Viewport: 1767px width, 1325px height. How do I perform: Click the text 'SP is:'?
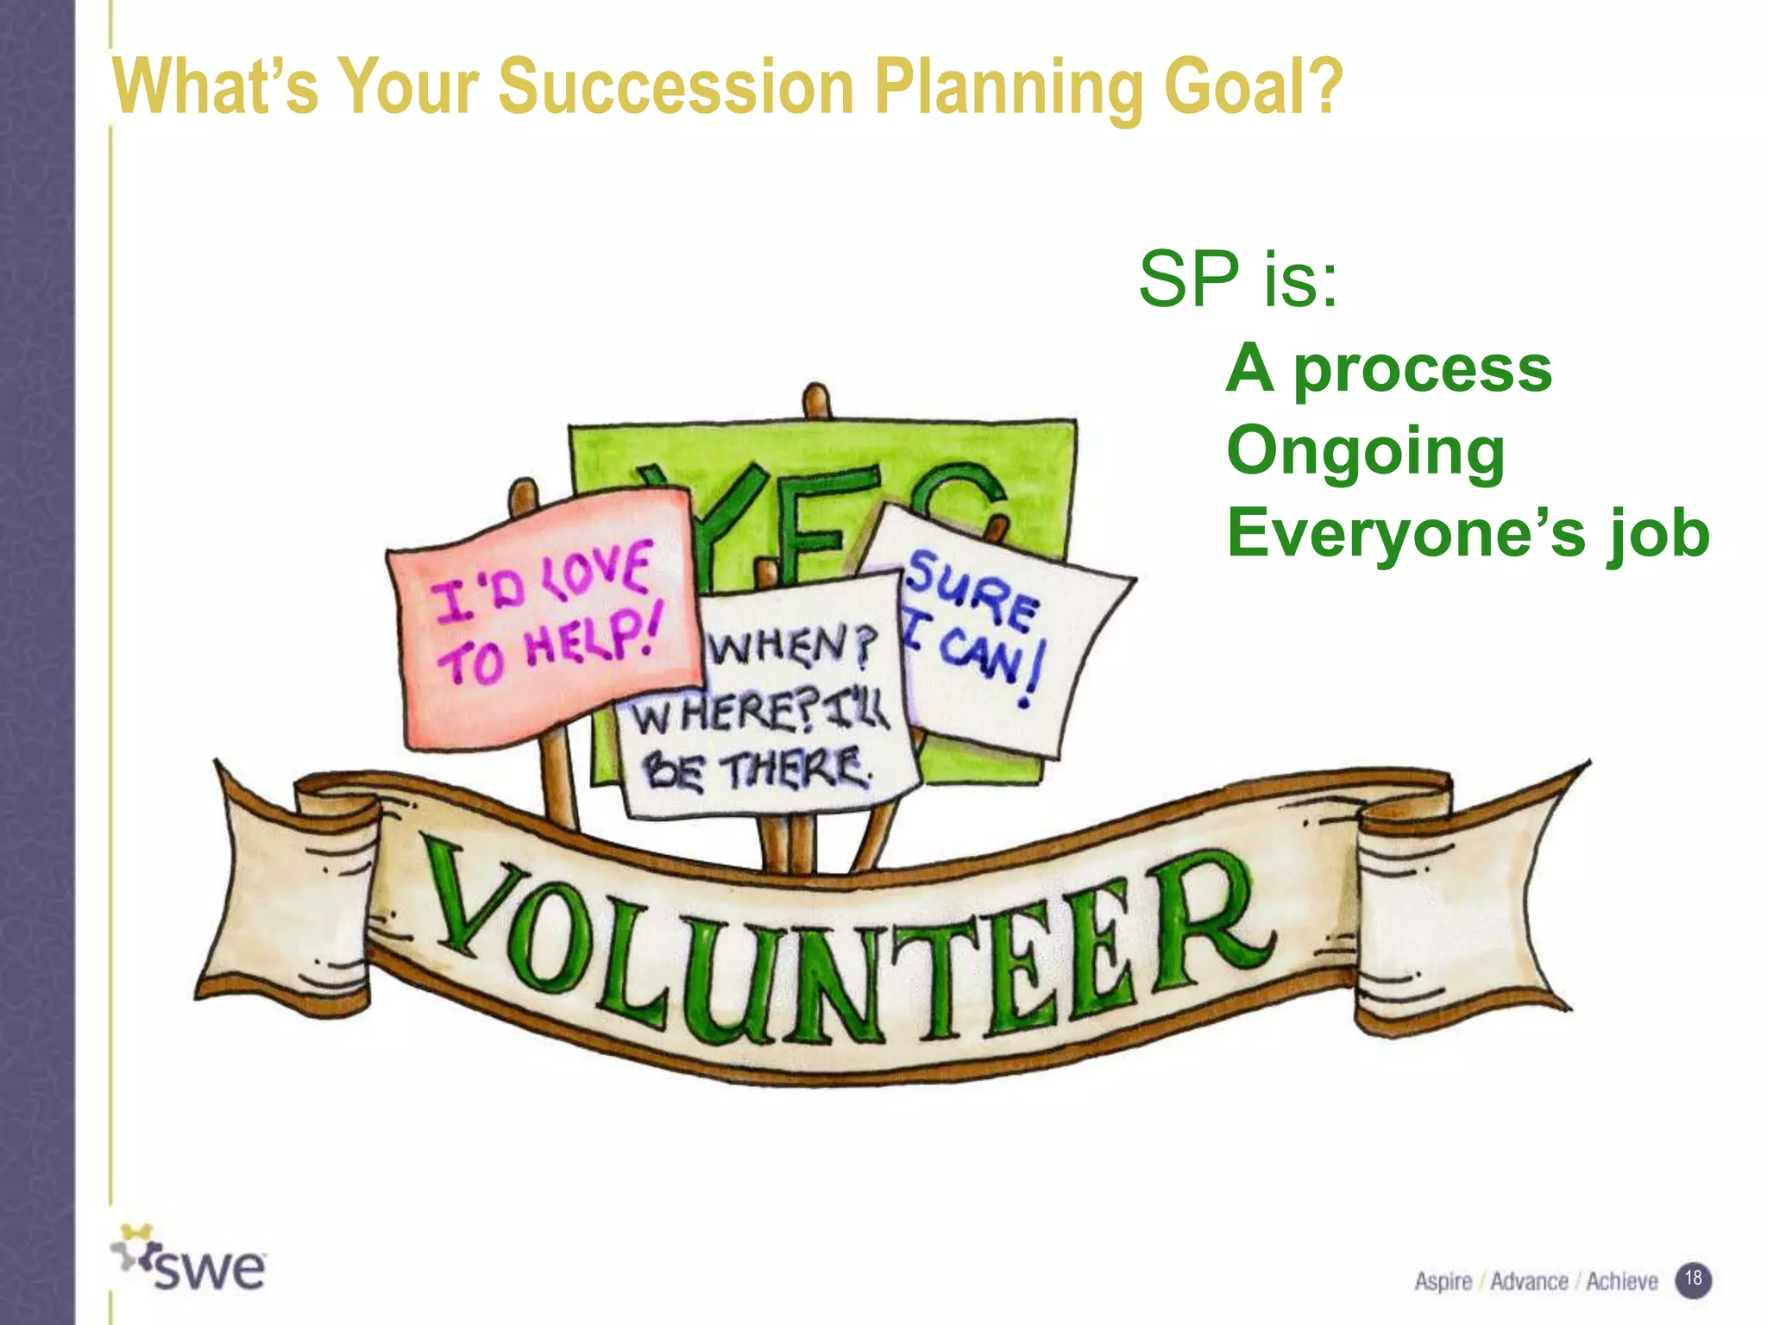point(1237,279)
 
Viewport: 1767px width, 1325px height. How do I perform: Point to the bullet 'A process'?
point(1388,369)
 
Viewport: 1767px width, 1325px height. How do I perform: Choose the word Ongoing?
point(1365,452)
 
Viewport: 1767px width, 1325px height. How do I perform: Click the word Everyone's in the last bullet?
point(1405,532)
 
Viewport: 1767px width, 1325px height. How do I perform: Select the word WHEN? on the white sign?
point(792,645)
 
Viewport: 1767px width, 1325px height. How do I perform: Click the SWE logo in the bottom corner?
point(190,1261)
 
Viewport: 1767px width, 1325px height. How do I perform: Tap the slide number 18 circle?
point(1693,1278)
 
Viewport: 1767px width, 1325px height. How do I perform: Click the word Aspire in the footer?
point(1443,1282)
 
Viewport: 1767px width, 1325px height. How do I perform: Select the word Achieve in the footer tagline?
point(1621,1282)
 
